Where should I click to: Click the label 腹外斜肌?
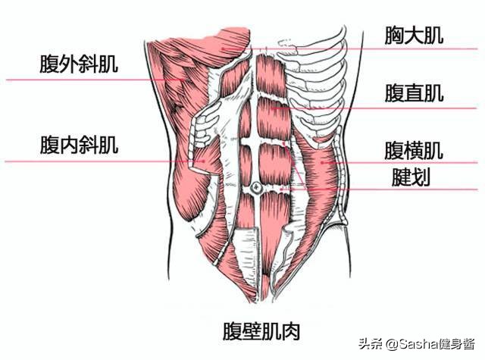tap(79, 64)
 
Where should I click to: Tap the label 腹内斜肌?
tap(79, 145)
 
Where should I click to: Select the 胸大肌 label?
tap(413, 35)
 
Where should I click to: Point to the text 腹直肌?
tap(413, 93)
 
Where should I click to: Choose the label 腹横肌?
tap(413, 149)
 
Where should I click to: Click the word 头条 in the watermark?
tap(369, 345)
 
